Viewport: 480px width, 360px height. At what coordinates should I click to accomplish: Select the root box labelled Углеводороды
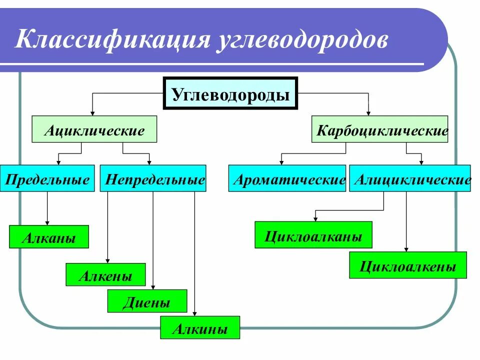pyautogui.click(x=230, y=93)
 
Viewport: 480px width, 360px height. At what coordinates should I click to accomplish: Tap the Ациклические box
pyautogui.click(x=94, y=129)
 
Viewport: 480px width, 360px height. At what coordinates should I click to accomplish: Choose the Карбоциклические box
pyautogui.click(x=379, y=130)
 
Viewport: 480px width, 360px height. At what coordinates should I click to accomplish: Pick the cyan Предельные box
pyautogui.click(x=47, y=178)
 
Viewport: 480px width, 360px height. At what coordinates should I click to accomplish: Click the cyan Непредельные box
pyautogui.click(x=153, y=178)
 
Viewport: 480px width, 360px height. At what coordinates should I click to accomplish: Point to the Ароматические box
pyautogui.click(x=287, y=178)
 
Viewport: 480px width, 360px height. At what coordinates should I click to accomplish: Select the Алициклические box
pyautogui.click(x=410, y=178)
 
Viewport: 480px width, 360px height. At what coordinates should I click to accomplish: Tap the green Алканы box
pyautogui.click(x=48, y=237)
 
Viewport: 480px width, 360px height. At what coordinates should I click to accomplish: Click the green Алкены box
pyautogui.click(x=105, y=274)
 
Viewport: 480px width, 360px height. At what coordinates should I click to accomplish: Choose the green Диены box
pyautogui.click(x=147, y=301)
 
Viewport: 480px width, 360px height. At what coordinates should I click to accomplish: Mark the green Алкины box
pyautogui.click(x=200, y=328)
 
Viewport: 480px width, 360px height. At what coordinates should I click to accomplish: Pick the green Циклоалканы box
pyautogui.click(x=313, y=235)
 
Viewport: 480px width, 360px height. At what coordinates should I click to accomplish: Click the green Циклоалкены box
pyautogui.click(x=408, y=265)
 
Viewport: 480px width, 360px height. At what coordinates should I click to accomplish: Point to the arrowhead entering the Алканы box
pyautogui.click(x=47, y=222)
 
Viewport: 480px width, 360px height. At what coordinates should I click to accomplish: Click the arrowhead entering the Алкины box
pyautogui.click(x=194, y=313)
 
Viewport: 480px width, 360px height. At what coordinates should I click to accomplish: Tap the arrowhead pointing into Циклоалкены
pyautogui.click(x=405, y=249)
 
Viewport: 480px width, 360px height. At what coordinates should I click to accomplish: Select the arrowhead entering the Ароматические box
pyautogui.click(x=281, y=162)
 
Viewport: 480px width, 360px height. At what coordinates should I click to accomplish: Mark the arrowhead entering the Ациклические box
pyautogui.click(x=92, y=113)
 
